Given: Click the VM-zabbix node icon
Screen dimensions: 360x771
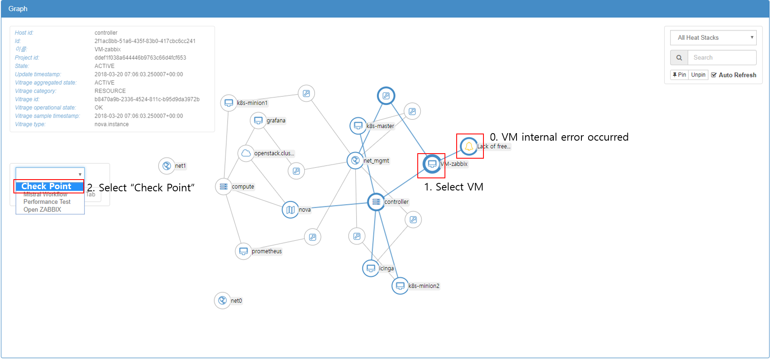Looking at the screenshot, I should (x=432, y=164).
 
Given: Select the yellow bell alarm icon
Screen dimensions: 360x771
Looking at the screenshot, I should (x=469, y=146).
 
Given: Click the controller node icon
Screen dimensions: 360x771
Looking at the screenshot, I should (x=376, y=202).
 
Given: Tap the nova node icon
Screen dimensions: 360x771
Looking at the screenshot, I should (x=290, y=210).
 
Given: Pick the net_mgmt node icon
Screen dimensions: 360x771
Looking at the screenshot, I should (x=355, y=160).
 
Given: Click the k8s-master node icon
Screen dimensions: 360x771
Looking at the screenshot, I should (x=358, y=126).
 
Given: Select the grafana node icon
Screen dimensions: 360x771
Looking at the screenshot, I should (x=258, y=121).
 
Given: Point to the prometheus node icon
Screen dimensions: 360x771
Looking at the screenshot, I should (x=243, y=251).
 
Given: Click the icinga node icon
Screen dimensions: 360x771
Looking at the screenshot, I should (x=371, y=268).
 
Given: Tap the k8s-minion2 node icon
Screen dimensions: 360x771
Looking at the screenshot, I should (x=400, y=286).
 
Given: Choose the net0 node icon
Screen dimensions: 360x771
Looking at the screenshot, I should (x=222, y=301).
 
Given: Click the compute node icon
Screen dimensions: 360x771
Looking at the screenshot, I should (x=224, y=187).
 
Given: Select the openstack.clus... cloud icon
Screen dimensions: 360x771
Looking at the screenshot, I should (x=246, y=153).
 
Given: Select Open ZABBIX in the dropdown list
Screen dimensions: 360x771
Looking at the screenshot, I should (x=42, y=210).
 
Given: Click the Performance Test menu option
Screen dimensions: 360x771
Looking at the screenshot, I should (x=47, y=202).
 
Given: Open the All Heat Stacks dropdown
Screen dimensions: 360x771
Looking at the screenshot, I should (x=713, y=38).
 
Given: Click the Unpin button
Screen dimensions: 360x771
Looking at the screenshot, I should (x=698, y=75).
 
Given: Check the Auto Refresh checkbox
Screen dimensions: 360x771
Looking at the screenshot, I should (x=714, y=75).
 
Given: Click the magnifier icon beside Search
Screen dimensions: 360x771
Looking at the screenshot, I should (x=679, y=58).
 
